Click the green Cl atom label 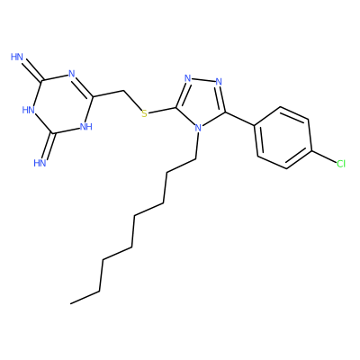(341, 164)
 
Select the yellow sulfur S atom (145, 113)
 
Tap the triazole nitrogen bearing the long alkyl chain (198, 129)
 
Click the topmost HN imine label (17, 57)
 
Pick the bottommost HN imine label (40, 163)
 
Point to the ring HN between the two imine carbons (29, 110)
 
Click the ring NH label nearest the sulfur (85, 127)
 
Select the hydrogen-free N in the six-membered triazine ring (72, 74)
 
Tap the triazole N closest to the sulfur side (188, 78)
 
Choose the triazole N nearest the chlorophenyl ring (219, 82)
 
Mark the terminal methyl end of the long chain (71, 303)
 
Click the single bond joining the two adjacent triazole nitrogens (203, 80)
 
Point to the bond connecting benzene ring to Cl (324, 157)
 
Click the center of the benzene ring (283, 138)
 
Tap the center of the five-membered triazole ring (202, 102)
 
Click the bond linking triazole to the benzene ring (240, 119)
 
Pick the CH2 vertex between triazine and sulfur (123, 90)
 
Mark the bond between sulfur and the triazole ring (163, 111)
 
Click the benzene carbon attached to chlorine (311, 150)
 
